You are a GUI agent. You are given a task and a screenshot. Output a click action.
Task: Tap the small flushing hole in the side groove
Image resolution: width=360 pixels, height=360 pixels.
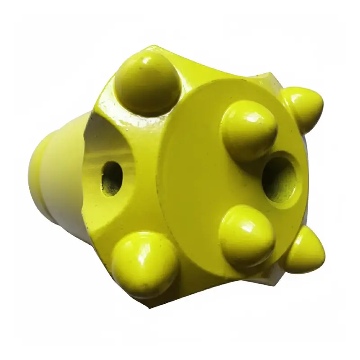pos(112,178)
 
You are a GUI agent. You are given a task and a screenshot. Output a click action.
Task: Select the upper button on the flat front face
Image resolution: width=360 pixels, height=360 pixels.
pos(248,130)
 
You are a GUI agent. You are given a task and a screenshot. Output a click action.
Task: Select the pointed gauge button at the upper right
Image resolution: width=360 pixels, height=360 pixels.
pos(303,108)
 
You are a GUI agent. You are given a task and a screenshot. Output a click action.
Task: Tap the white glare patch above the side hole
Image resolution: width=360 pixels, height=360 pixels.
pos(97,135)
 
